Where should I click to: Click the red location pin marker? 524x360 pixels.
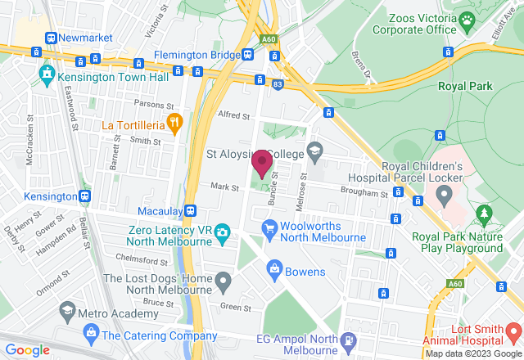point(262,163)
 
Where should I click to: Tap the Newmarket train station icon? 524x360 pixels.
point(51,38)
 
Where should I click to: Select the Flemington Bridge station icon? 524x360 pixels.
point(247,54)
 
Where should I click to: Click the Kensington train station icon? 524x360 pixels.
point(84,196)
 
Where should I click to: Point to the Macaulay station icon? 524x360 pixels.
point(190,210)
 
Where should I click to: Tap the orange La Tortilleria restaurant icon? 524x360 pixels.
point(174,124)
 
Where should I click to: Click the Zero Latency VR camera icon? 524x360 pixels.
point(222,236)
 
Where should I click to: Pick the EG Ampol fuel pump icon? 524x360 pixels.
point(350,340)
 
